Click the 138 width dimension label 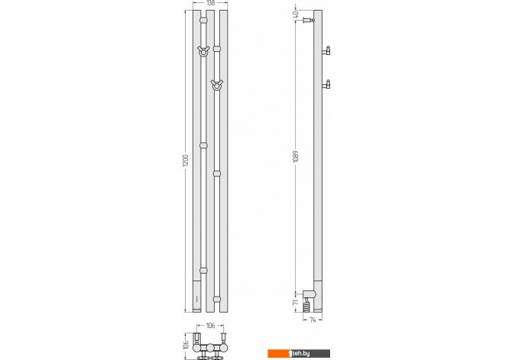click(x=211, y=3)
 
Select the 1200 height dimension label click(x=185, y=161)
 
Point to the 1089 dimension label click(x=296, y=157)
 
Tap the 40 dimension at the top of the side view click(x=296, y=15)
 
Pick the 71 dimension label click(x=296, y=302)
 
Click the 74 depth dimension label click(x=313, y=320)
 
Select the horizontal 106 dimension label click(x=211, y=326)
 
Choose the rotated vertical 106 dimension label click(x=186, y=345)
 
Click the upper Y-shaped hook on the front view click(x=203, y=51)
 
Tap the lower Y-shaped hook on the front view click(x=216, y=85)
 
